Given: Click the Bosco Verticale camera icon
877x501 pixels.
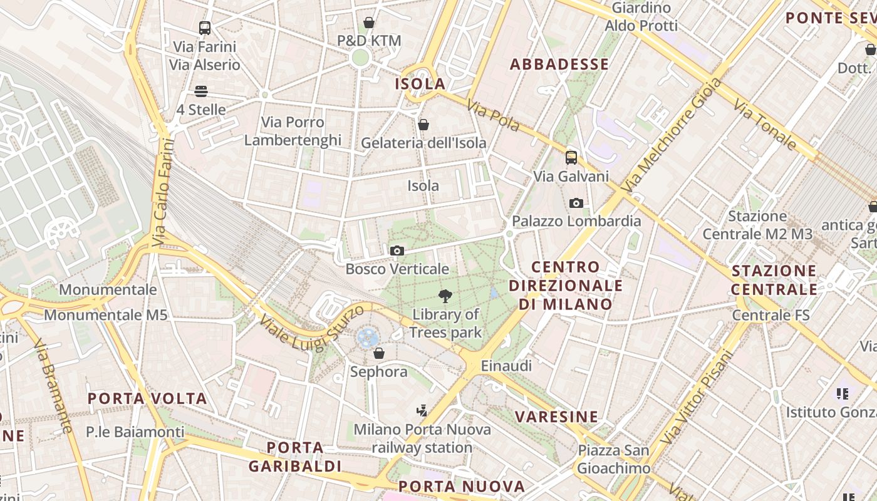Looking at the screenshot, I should tap(397, 251).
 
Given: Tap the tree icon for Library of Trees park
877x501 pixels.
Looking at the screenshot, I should tap(445, 296).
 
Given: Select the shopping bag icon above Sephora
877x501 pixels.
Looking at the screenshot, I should tap(378, 354).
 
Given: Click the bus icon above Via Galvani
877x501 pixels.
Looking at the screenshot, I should tap(571, 158).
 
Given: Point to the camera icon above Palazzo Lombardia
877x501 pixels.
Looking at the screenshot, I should tap(576, 203).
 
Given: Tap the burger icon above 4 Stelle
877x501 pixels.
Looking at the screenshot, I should tap(200, 91).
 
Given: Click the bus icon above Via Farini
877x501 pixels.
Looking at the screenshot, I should tap(204, 28).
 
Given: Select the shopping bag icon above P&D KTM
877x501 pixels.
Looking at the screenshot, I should tap(369, 23).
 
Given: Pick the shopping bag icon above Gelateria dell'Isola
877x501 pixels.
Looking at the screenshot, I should tap(423, 125).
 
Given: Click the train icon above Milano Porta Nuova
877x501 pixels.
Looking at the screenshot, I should tap(422, 411).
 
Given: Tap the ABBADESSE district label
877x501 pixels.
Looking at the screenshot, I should tap(559, 64).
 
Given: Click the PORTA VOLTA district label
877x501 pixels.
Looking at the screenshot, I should tap(147, 399).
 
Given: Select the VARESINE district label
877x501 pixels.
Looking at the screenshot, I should tap(557, 416).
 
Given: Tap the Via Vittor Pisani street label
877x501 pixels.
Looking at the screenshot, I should tap(696, 396).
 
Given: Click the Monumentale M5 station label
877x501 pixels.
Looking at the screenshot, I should tap(106, 314).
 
